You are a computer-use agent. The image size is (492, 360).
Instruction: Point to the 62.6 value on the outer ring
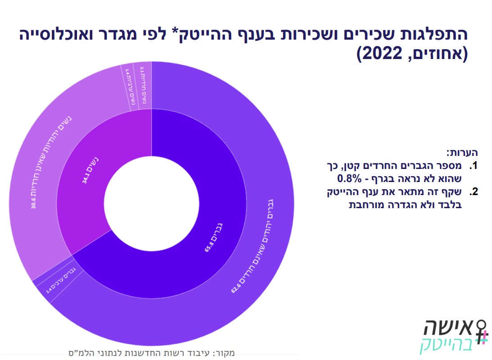234,287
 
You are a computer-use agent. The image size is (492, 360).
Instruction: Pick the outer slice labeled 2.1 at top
143,86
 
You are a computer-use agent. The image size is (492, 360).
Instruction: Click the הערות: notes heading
461,152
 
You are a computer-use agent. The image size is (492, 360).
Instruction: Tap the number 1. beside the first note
473,165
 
